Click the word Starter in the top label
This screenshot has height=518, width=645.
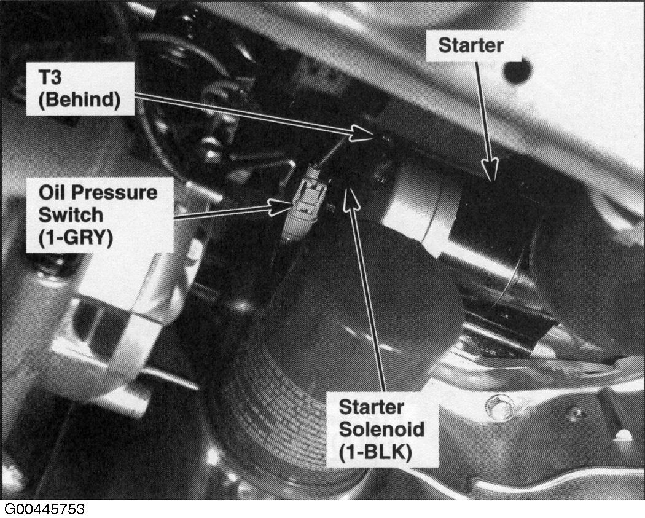(x=471, y=45)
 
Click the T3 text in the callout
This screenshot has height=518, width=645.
(x=50, y=77)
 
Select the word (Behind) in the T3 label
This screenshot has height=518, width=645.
(x=79, y=100)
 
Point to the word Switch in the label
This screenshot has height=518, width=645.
(x=71, y=215)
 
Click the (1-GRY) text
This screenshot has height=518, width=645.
(x=76, y=238)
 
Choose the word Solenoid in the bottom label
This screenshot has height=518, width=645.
(x=381, y=429)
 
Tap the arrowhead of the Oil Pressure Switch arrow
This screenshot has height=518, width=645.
(x=281, y=206)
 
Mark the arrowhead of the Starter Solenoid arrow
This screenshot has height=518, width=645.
(x=351, y=196)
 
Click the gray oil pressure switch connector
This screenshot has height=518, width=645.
(x=305, y=203)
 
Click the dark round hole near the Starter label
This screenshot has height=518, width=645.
(x=518, y=71)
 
